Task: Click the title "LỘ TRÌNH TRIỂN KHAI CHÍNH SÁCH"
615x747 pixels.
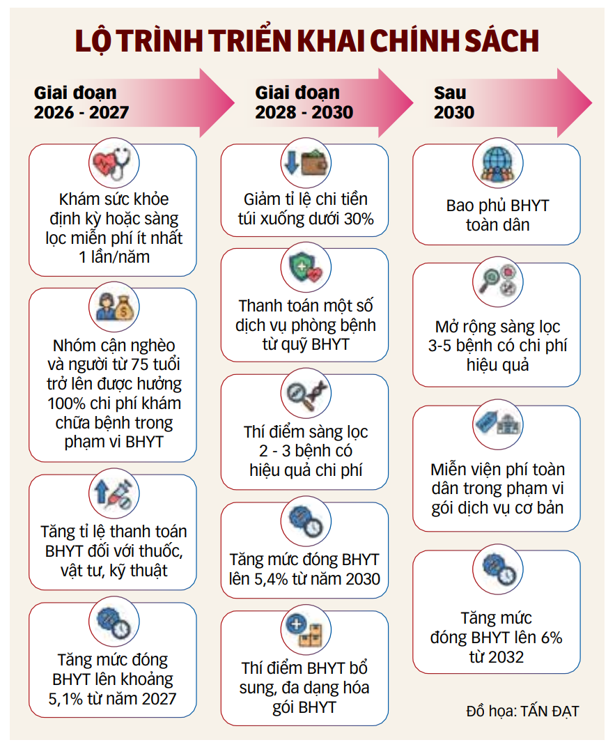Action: coord(306,40)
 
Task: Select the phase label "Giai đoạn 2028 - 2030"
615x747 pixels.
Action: coord(304,102)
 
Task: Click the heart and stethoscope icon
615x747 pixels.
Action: coord(111,164)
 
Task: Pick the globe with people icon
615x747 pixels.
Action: coord(497,164)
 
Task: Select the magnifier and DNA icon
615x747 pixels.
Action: coord(304,394)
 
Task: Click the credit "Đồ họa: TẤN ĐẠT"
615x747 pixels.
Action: coord(522,711)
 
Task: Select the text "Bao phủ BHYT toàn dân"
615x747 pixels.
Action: coord(497,216)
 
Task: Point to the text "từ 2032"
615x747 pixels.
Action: coord(497,656)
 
